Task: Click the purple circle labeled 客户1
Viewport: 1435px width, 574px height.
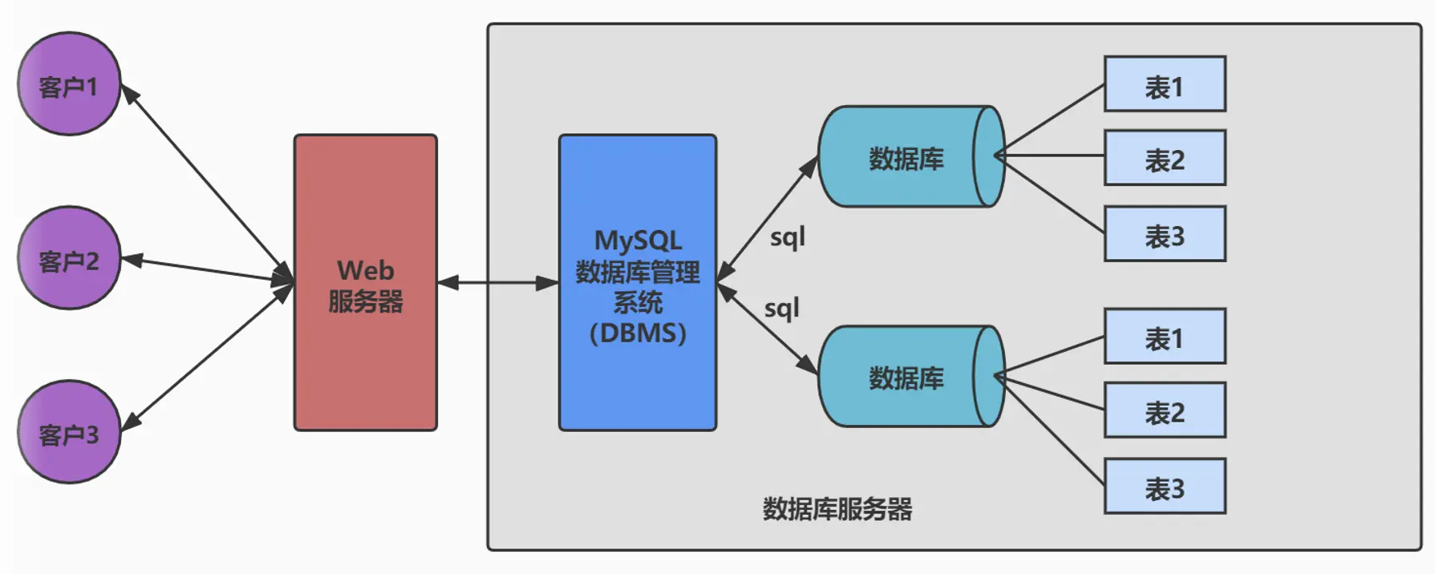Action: point(69,83)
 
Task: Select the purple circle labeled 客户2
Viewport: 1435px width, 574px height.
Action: point(69,258)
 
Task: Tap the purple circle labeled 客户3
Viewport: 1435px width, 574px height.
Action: point(69,432)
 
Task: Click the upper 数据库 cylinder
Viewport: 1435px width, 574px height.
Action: point(906,157)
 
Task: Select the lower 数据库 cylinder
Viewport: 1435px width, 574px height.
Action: point(906,377)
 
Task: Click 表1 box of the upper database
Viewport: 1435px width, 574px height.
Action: point(1164,84)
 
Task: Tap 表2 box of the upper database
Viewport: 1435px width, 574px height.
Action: point(1164,158)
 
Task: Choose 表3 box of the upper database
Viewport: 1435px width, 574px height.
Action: point(1164,234)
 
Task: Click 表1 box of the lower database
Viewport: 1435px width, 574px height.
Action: point(1164,337)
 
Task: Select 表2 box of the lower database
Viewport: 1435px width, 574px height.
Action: point(1164,410)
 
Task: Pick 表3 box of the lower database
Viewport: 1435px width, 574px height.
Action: point(1164,487)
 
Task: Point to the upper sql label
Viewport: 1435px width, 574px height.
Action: point(787,238)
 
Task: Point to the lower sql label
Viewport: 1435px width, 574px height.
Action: point(781,309)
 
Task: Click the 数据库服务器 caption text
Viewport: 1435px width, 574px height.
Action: point(837,509)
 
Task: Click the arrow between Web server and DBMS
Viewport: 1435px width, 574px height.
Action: point(497,282)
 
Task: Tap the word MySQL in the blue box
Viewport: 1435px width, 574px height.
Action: point(638,241)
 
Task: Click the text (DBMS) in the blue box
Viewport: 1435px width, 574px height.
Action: point(638,333)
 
